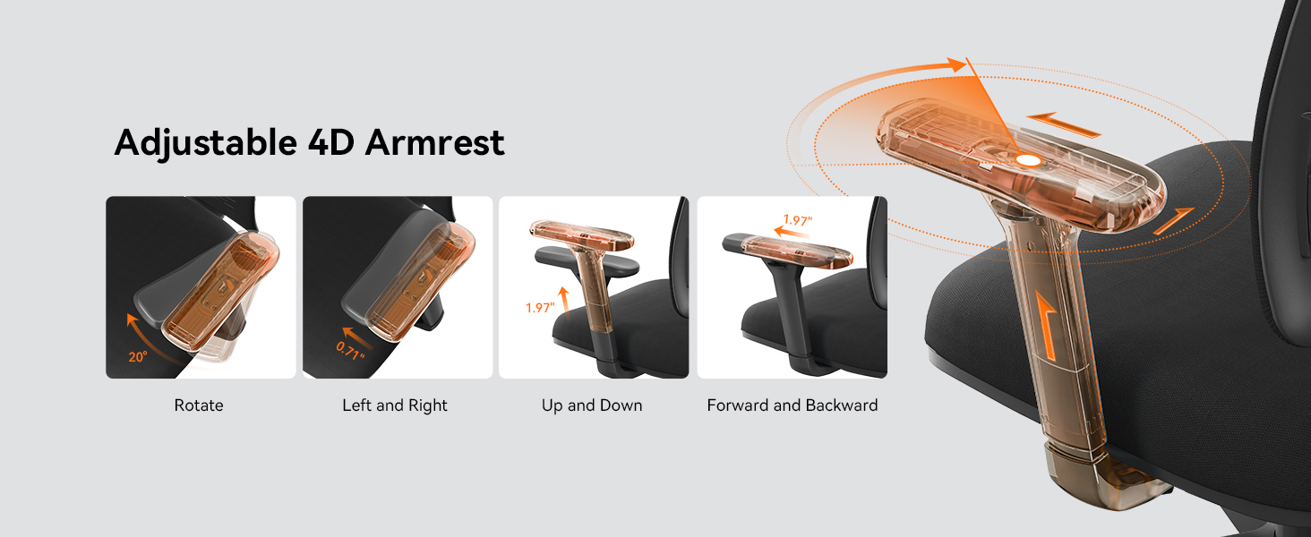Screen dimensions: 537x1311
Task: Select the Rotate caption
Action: click(199, 405)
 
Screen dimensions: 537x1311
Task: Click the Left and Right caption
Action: click(395, 405)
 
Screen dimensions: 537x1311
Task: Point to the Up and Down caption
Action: click(592, 405)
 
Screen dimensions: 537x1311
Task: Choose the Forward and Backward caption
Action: click(793, 405)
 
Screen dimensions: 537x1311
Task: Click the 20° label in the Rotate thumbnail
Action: click(137, 356)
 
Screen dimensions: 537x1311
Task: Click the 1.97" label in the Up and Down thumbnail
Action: click(540, 308)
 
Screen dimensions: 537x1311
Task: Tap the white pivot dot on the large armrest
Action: click(1027, 160)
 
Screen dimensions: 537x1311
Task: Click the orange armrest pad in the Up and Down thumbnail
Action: click(581, 235)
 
